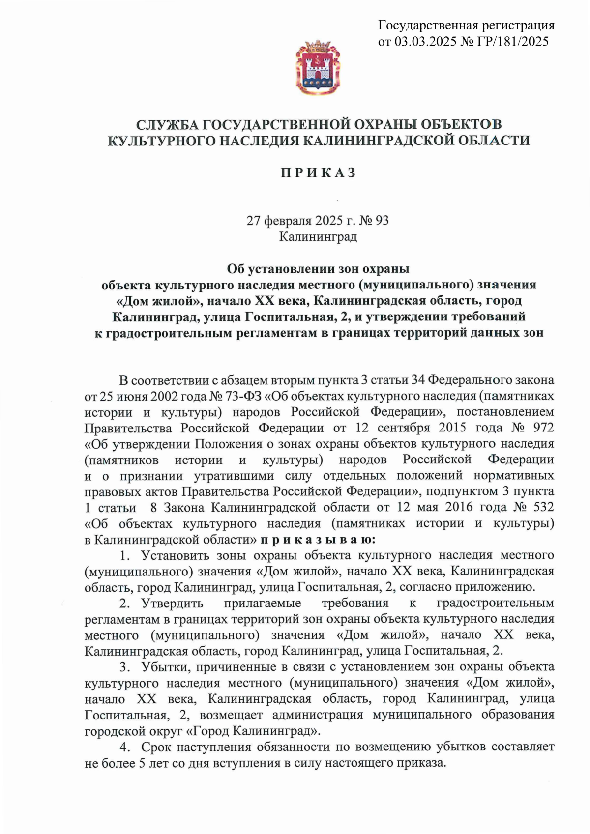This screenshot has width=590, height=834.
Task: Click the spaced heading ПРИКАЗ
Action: [318, 173]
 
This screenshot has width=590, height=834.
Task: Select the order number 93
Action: [382, 221]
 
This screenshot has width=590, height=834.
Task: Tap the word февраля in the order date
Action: [286, 221]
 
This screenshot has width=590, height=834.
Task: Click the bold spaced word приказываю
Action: [318, 540]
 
